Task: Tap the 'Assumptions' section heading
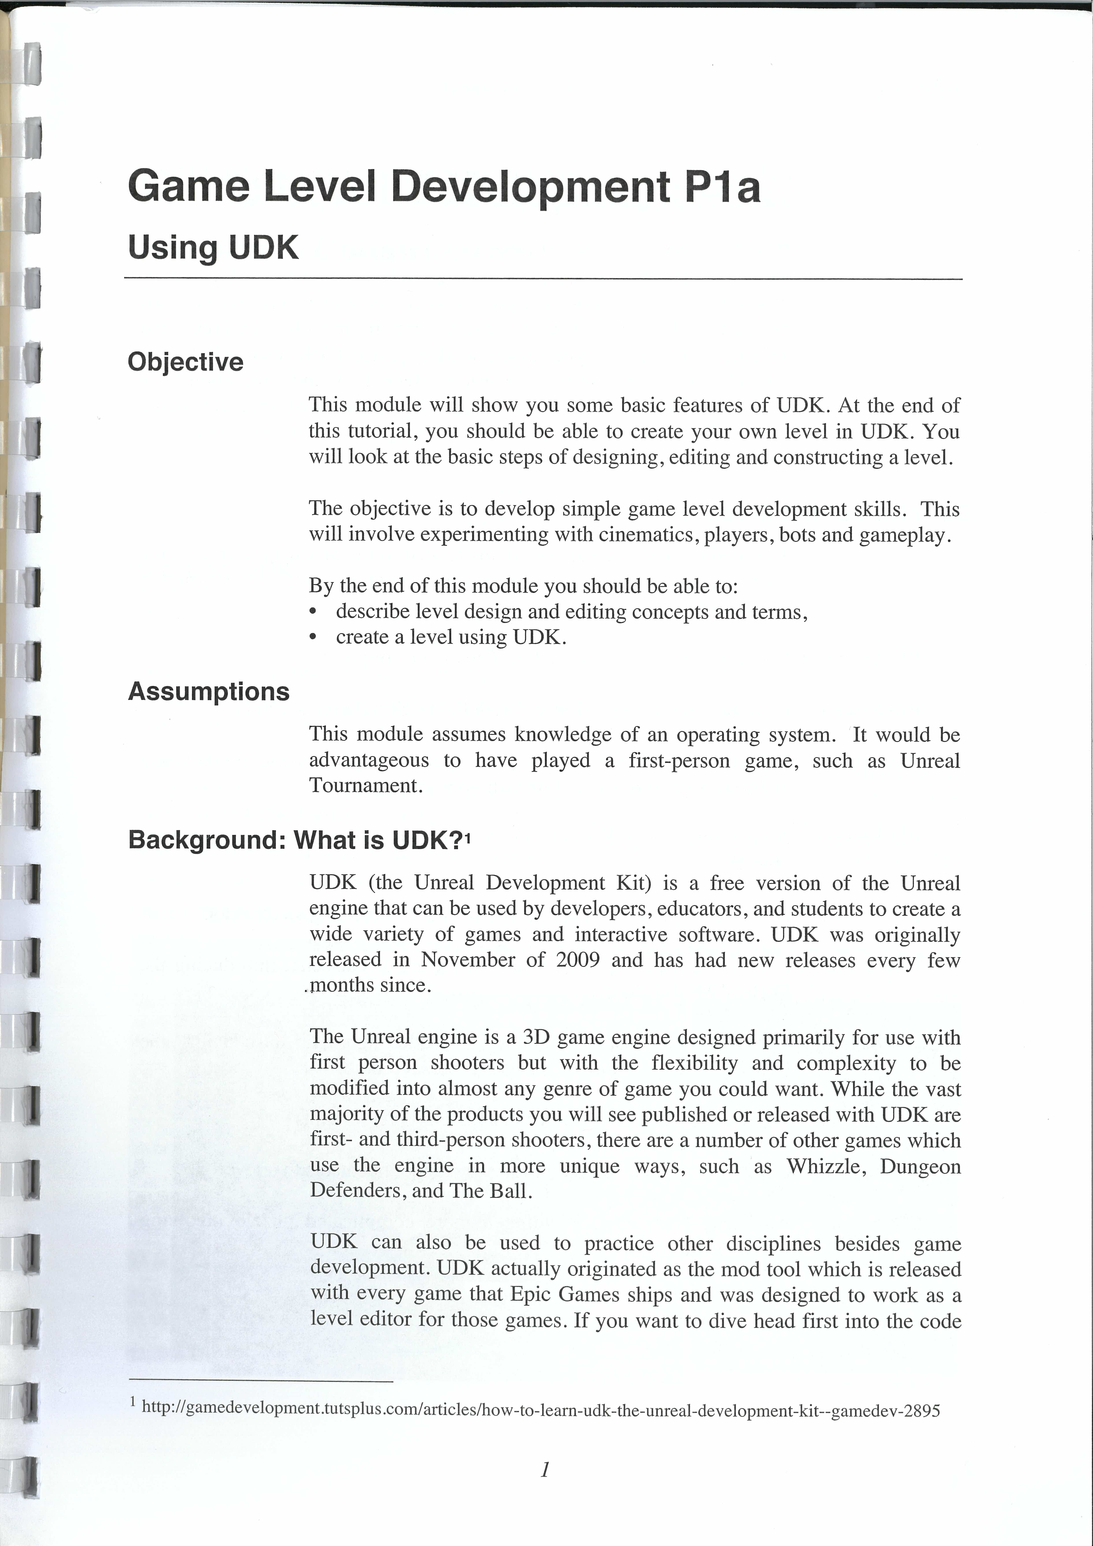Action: (209, 692)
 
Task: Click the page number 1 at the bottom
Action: (545, 1469)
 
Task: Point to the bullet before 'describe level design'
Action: (312, 612)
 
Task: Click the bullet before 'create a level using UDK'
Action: (312, 638)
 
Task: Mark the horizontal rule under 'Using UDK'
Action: (543, 279)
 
